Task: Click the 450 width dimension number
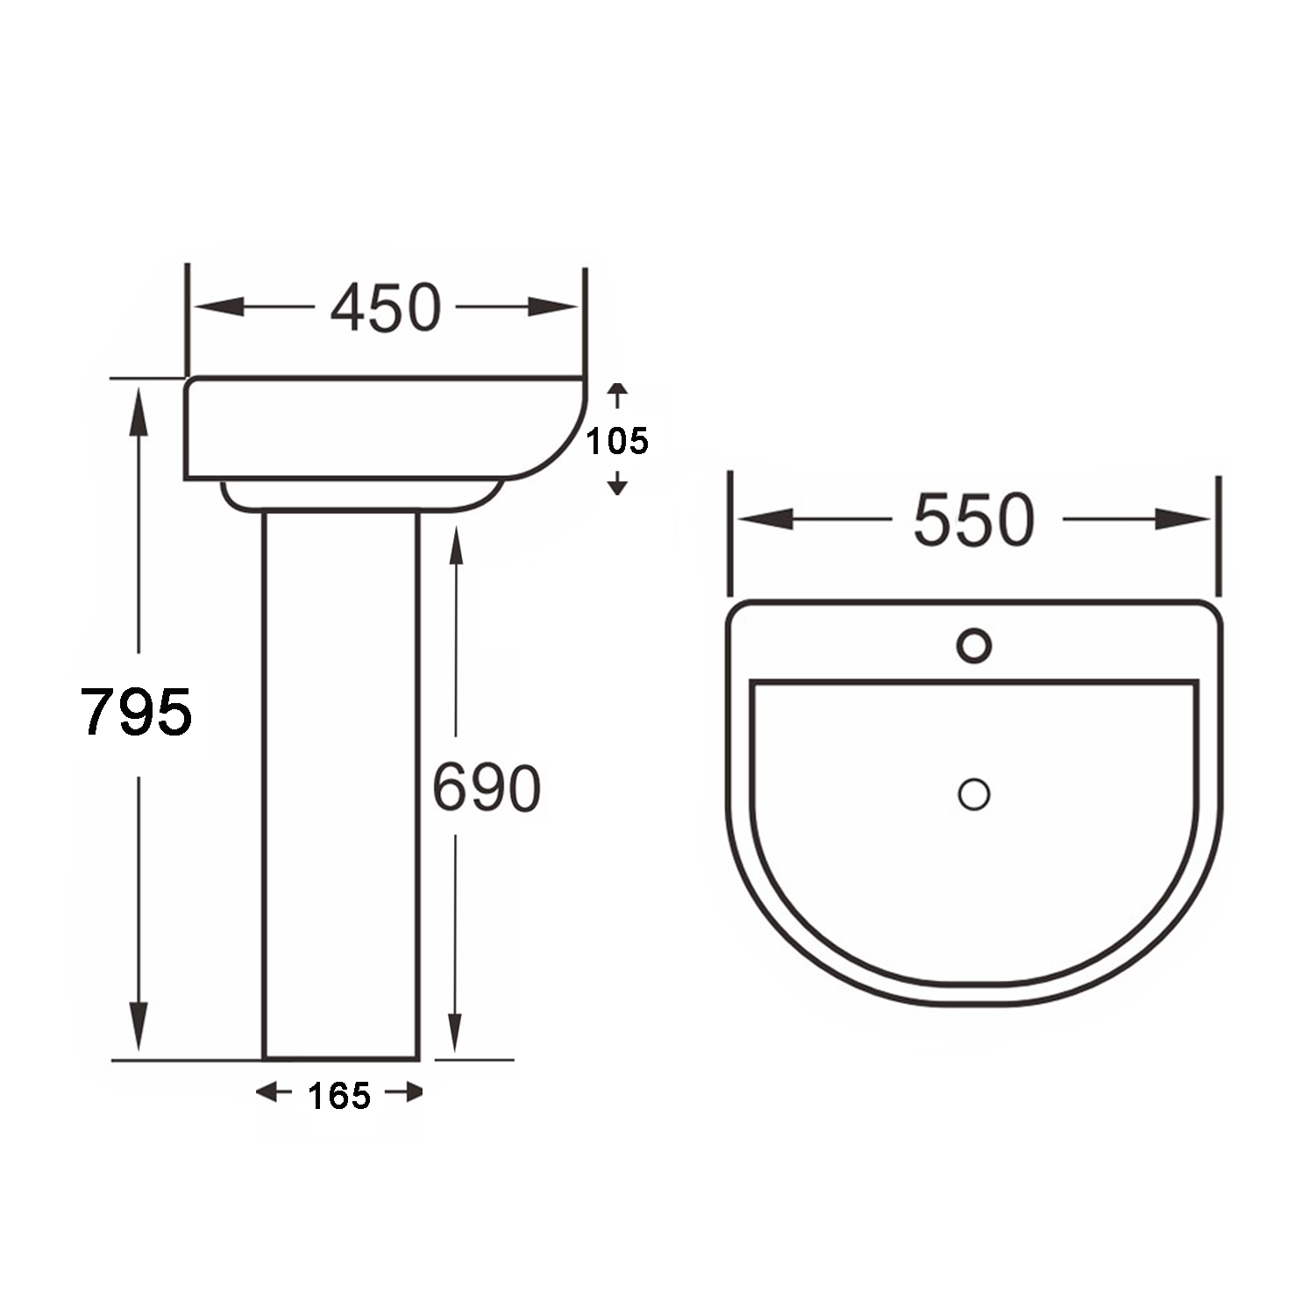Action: (x=386, y=308)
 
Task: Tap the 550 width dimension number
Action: (x=974, y=520)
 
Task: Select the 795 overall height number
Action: (x=136, y=711)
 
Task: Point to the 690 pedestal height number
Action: (x=487, y=788)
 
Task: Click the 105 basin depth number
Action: (x=617, y=441)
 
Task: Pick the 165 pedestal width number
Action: (x=339, y=1096)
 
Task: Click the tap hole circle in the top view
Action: (x=974, y=646)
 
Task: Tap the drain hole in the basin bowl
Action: (x=974, y=794)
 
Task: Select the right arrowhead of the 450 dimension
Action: (x=554, y=307)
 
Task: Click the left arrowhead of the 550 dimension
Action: (x=764, y=519)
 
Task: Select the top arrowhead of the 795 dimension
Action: (x=138, y=412)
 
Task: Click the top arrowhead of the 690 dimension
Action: (x=455, y=548)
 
